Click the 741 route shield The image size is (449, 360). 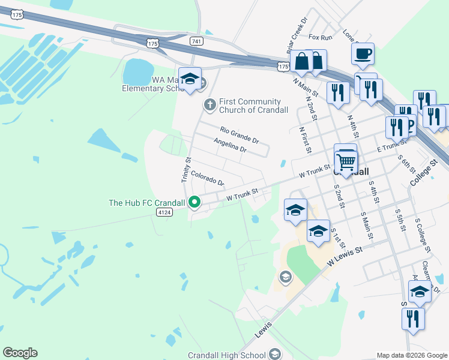[x=195, y=41]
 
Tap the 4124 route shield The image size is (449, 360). [x=163, y=212]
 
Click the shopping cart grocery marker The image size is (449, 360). [x=345, y=161]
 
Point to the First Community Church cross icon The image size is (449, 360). [x=209, y=105]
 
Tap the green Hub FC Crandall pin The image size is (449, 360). [x=194, y=202]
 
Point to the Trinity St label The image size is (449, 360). [x=185, y=170]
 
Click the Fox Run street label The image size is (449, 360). [x=320, y=37]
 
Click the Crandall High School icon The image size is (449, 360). [x=276, y=354]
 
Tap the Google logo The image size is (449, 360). [x=20, y=353]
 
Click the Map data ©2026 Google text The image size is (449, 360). [x=412, y=355]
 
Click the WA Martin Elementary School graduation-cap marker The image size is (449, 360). [x=190, y=79]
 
